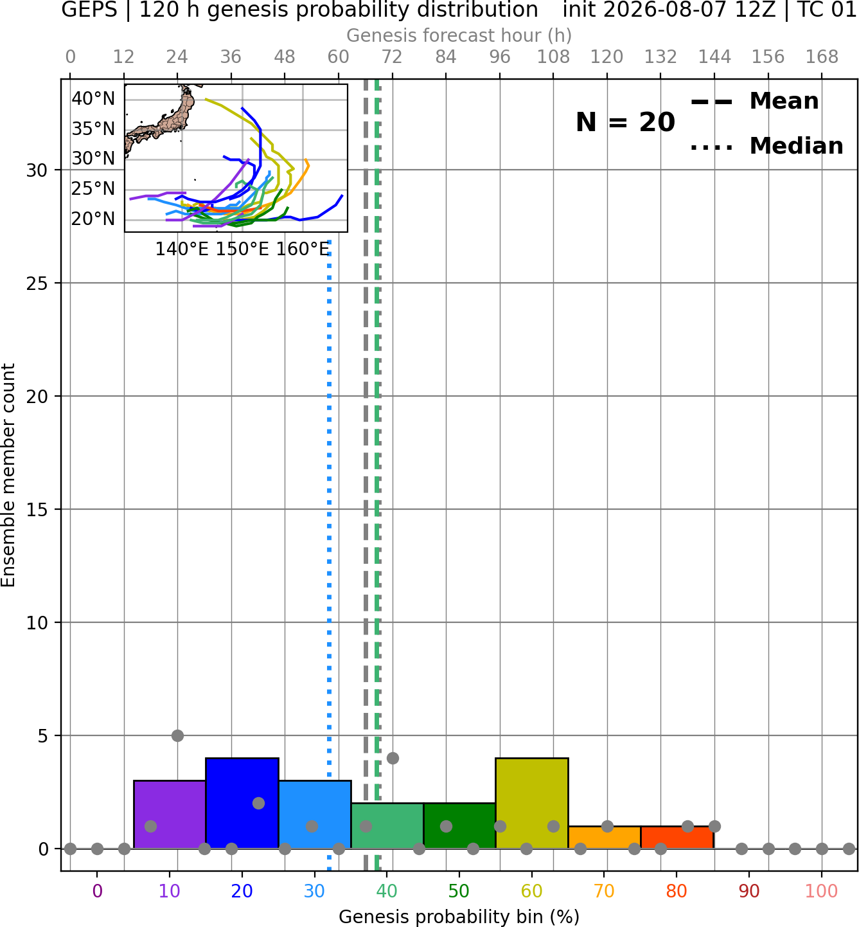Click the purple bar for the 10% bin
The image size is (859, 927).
coord(170,815)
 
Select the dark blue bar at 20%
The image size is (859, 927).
coord(242,804)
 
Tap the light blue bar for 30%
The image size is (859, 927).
coord(315,815)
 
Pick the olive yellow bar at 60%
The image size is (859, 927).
coord(532,804)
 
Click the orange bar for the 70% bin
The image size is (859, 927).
coord(605,838)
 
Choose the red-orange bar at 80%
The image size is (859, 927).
coord(677,838)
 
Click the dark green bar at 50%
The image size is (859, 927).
coord(459,826)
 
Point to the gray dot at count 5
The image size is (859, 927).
coord(177,735)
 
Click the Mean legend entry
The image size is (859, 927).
coord(754,102)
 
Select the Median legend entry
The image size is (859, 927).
coord(766,146)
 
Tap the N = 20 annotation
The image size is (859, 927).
coord(625,122)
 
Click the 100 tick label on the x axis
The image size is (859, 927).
coord(821,891)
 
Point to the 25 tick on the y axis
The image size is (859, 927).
coord(37,283)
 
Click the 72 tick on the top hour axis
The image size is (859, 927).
coord(392,57)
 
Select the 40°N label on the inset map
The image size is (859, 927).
coord(93,99)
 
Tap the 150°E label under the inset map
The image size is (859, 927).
coord(242,249)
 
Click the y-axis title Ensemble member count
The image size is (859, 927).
coord(8,475)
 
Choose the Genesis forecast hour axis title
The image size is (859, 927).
coord(459,35)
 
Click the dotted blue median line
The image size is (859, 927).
coord(330,555)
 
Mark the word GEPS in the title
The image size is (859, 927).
coord(89,10)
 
